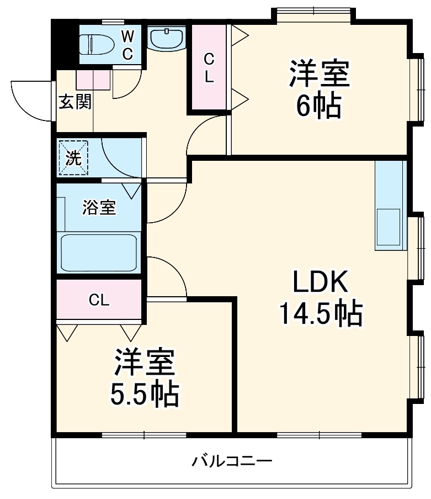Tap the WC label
point(127,45)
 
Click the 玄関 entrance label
point(75,102)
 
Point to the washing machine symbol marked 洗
point(73,157)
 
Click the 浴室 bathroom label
point(99,208)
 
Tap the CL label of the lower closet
point(99,300)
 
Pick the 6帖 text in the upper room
point(318,106)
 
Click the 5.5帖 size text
point(145,394)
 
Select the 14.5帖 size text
point(320,314)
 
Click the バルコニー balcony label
point(232,460)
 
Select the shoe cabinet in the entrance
point(94,80)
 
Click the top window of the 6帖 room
point(313,13)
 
